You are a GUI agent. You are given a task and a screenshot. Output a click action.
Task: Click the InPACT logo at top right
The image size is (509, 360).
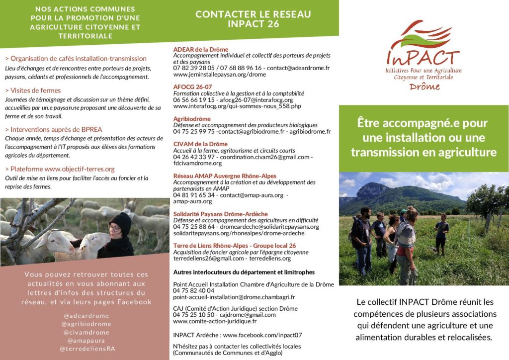pyautogui.click(x=424, y=55)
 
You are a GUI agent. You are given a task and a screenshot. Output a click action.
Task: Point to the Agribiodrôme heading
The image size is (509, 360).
pyautogui.click(x=192, y=119)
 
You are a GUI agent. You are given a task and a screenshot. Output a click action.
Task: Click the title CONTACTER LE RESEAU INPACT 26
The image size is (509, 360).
pyautogui.click(x=253, y=19)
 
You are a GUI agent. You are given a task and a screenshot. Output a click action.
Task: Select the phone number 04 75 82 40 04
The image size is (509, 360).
pyautogui.click(x=194, y=290)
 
